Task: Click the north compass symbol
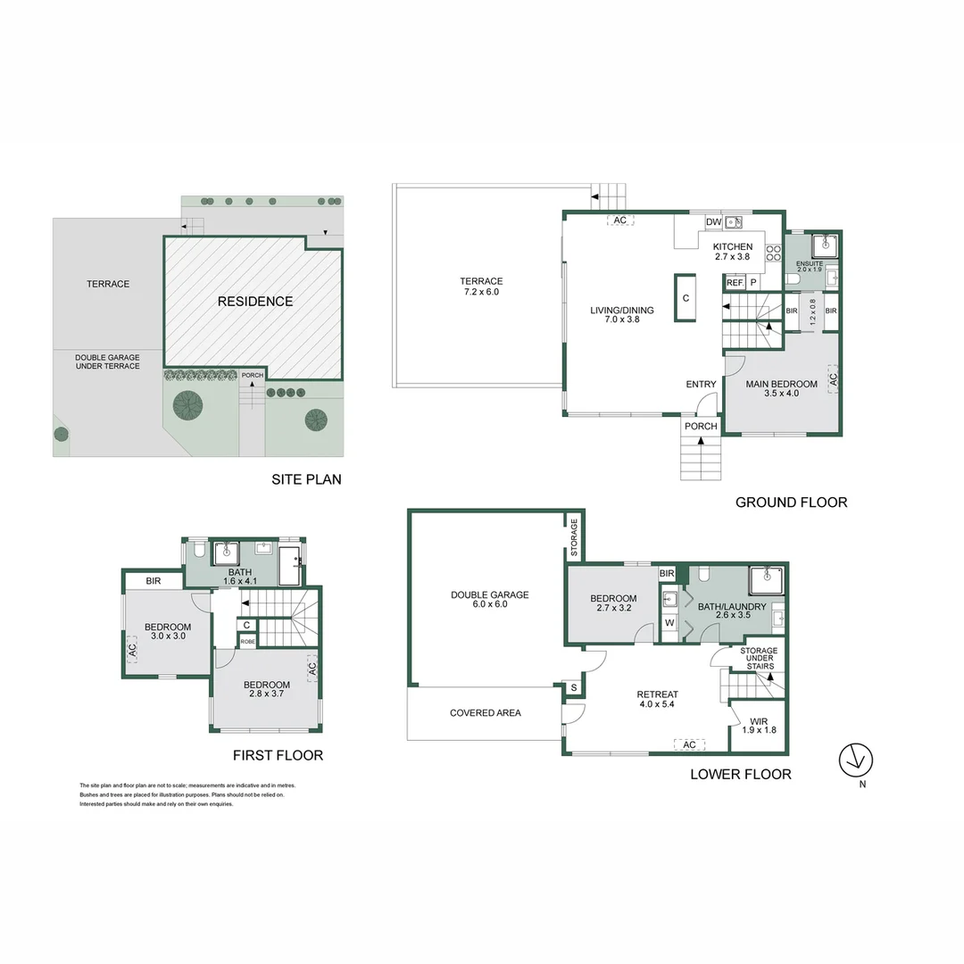855,760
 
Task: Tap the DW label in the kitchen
713,222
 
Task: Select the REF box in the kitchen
735,282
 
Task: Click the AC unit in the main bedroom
834,378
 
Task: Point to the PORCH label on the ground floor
701,426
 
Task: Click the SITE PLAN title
306,479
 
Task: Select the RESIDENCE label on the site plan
255,302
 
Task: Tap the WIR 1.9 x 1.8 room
759,725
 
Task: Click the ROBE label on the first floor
247,641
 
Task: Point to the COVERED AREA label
485,713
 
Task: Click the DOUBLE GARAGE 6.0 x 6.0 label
489,599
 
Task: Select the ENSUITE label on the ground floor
810,266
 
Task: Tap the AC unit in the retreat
688,744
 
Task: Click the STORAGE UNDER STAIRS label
759,657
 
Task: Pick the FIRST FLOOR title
278,755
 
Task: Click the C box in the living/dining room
686,298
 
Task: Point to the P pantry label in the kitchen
753,282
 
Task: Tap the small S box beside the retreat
572,687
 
